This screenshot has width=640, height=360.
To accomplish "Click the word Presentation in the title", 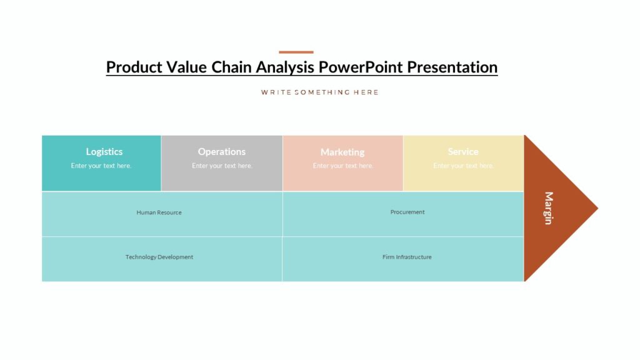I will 452,67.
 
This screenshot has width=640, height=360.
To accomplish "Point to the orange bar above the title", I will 296,52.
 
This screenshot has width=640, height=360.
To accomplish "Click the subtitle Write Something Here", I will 319,92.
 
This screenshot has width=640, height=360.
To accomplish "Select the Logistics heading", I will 104,152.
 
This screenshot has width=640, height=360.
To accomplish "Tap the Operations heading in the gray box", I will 222,152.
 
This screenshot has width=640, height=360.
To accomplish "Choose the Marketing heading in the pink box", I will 342,152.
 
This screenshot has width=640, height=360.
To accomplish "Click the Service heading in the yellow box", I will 463,152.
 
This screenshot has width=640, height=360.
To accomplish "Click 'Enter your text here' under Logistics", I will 101,166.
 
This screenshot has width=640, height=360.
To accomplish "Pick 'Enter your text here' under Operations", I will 222,166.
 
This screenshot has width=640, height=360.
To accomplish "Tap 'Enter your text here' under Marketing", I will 343,166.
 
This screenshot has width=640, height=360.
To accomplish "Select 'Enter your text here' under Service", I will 463,166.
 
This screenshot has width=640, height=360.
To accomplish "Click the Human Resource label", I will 159,212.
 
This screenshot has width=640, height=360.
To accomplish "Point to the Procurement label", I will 407,212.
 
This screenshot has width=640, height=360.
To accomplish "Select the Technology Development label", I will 159,257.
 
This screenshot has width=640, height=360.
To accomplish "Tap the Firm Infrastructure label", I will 407,257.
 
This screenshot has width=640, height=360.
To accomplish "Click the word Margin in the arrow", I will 548,208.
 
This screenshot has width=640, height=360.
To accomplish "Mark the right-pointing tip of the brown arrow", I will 596,208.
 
